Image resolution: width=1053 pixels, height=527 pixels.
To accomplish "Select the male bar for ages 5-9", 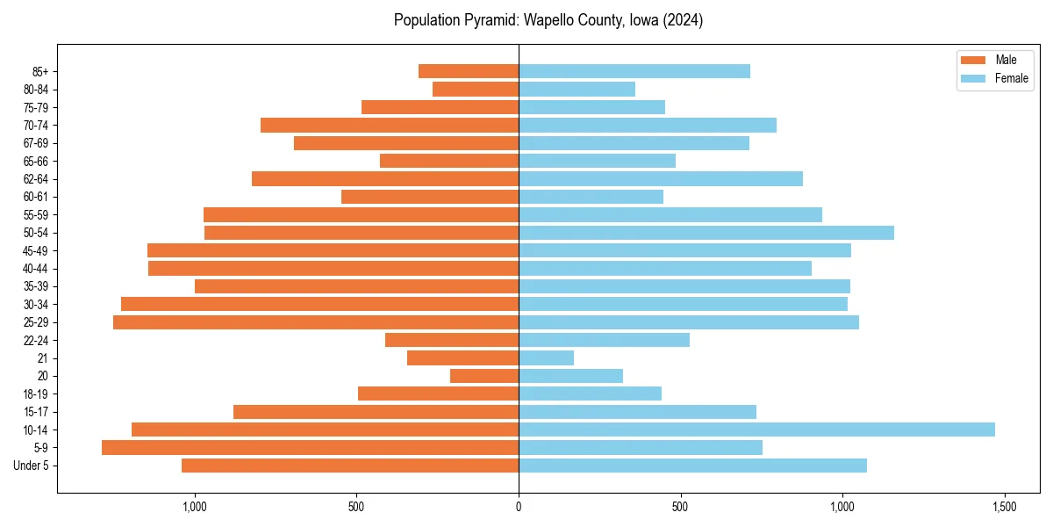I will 310,448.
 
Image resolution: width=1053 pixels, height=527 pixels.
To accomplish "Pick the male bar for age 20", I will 484,376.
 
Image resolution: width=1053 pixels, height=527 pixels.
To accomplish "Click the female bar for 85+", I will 634,71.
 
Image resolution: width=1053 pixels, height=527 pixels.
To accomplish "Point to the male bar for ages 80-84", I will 476,90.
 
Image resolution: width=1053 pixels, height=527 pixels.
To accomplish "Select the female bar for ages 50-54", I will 706,233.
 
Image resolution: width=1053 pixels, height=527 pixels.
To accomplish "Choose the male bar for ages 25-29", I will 316,322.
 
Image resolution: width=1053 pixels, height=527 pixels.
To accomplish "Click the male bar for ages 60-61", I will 430,197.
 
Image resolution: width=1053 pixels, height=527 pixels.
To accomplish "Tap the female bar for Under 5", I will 692,466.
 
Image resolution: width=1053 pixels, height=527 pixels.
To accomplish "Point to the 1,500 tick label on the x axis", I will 1004,508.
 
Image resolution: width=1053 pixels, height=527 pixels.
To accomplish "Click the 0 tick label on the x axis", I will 519,508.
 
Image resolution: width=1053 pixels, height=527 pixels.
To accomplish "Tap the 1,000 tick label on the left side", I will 194,508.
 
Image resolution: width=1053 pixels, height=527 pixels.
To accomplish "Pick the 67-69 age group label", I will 35,143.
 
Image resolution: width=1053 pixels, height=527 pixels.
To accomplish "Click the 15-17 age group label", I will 35,412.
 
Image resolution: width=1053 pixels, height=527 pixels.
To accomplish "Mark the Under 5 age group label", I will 32,466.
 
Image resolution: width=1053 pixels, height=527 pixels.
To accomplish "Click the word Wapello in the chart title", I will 548,20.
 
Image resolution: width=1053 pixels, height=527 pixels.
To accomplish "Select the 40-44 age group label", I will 35,269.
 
